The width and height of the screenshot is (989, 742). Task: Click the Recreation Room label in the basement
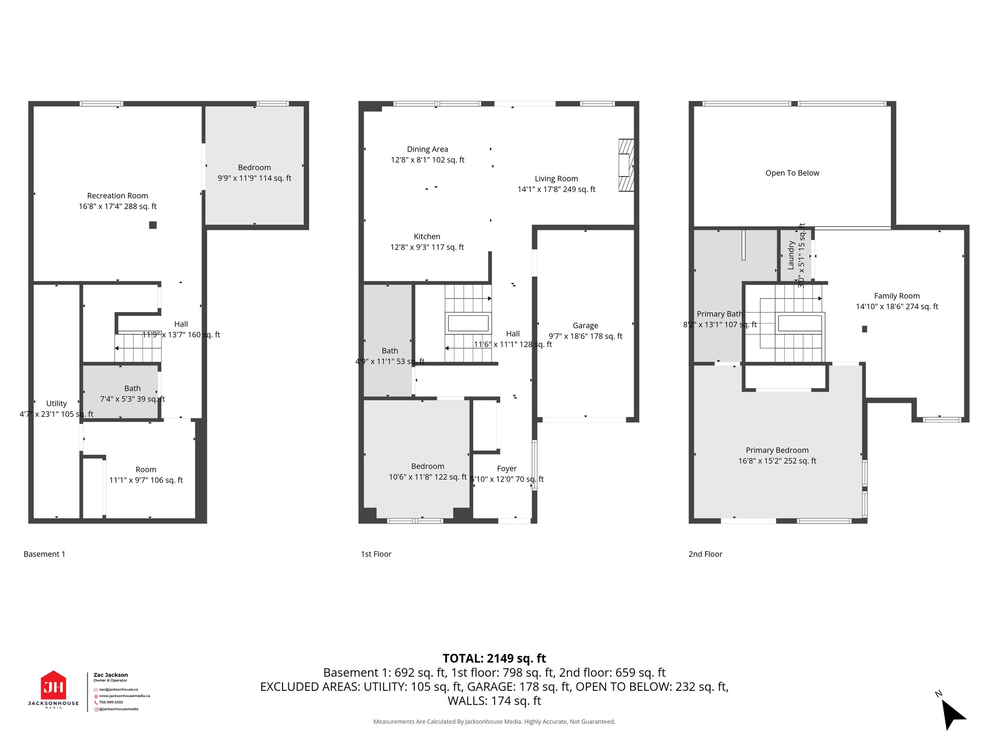117,196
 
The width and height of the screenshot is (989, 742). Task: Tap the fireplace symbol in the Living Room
626,165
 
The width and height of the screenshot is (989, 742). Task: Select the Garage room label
585,326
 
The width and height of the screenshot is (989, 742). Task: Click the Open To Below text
792,173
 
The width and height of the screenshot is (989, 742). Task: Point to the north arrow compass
952,714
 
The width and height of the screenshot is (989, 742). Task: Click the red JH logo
53,685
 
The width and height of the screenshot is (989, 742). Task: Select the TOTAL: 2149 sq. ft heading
494,658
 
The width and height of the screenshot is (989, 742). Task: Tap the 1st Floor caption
376,554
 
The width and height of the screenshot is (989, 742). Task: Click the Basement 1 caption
44,554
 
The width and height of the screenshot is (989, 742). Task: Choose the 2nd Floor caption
705,554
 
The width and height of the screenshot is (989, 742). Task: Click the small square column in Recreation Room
153,225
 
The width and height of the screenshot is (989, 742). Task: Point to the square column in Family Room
864,329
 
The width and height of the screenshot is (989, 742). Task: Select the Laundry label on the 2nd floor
791,255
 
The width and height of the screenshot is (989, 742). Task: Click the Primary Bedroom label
777,450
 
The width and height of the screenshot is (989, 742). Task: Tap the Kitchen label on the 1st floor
427,237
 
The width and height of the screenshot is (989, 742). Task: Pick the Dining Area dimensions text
427,160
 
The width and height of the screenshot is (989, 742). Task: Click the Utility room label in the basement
57,403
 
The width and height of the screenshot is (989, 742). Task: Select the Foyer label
507,469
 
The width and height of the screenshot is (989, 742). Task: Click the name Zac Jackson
111,675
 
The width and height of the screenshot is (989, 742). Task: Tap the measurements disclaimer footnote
494,722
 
